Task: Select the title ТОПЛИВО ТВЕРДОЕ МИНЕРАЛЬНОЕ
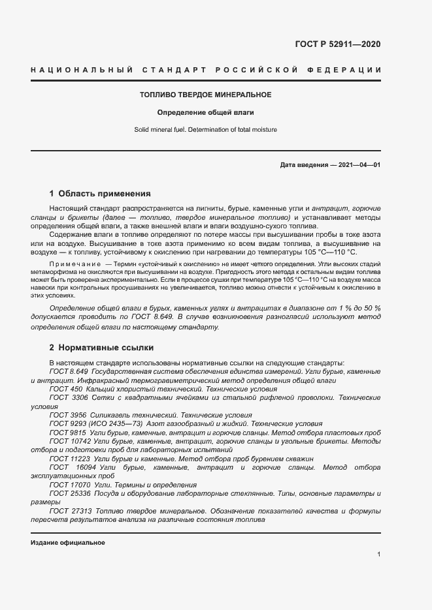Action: point(205,95)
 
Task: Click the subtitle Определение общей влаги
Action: point(205,112)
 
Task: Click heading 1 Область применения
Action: point(100,194)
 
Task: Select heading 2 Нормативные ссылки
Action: point(101,348)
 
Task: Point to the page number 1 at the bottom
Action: point(378,555)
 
